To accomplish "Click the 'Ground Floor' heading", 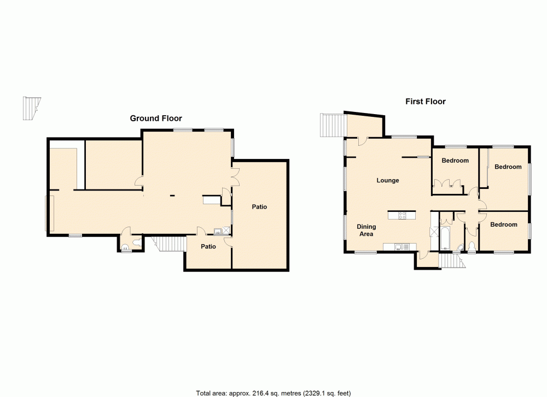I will tap(155, 118).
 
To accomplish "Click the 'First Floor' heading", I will tap(425, 101).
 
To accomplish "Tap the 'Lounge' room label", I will tap(387, 180).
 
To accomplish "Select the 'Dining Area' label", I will tap(366, 230).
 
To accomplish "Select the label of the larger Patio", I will tap(259, 207).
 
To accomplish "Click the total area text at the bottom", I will tap(273, 392).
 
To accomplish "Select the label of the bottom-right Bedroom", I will tap(503, 224).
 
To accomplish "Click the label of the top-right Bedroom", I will tap(508, 167).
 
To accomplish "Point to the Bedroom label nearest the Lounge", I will tap(455, 161).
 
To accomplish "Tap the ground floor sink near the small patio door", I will tap(218, 231).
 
